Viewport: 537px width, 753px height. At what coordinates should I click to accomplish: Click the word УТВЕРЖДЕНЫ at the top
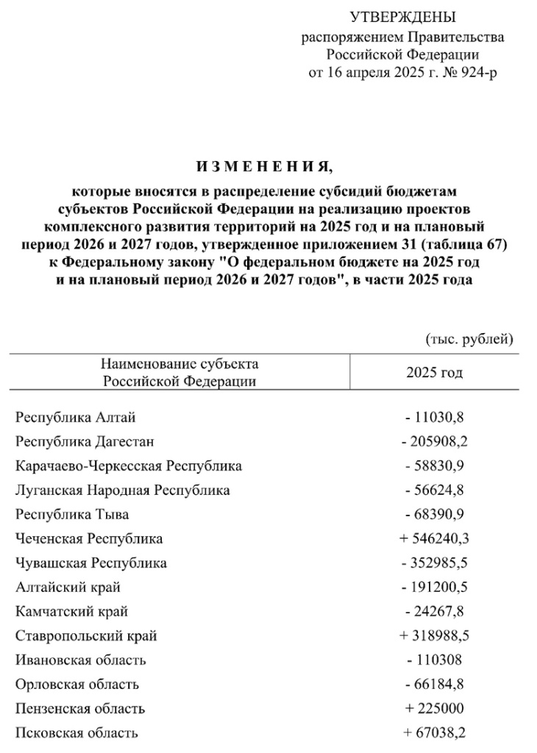[x=402, y=17]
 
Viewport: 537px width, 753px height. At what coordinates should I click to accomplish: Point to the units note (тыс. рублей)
[x=469, y=339]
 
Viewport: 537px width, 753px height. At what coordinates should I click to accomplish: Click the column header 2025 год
[x=434, y=373]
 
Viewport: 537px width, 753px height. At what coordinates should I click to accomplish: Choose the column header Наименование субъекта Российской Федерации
[x=179, y=372]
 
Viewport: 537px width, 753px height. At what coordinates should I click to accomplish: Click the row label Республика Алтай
[x=75, y=418]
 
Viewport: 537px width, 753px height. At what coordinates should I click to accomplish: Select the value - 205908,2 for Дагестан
[x=434, y=442]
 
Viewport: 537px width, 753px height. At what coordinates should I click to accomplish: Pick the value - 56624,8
[x=434, y=490]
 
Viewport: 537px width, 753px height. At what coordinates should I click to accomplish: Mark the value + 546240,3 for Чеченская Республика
[x=434, y=539]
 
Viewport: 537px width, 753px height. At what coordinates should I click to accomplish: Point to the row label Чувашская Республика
[x=90, y=563]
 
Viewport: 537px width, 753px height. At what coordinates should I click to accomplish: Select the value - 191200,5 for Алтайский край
[x=434, y=588]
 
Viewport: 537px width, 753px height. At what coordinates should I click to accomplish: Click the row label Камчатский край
[x=71, y=612]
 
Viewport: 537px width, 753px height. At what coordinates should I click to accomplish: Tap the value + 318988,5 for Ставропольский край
[x=434, y=636]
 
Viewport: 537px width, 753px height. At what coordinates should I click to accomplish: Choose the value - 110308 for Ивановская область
[x=434, y=660]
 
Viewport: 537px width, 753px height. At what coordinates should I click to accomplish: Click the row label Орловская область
[x=77, y=685]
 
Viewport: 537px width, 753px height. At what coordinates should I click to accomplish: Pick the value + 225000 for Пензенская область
[x=434, y=709]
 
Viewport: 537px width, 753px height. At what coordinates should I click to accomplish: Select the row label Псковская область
[x=76, y=733]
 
